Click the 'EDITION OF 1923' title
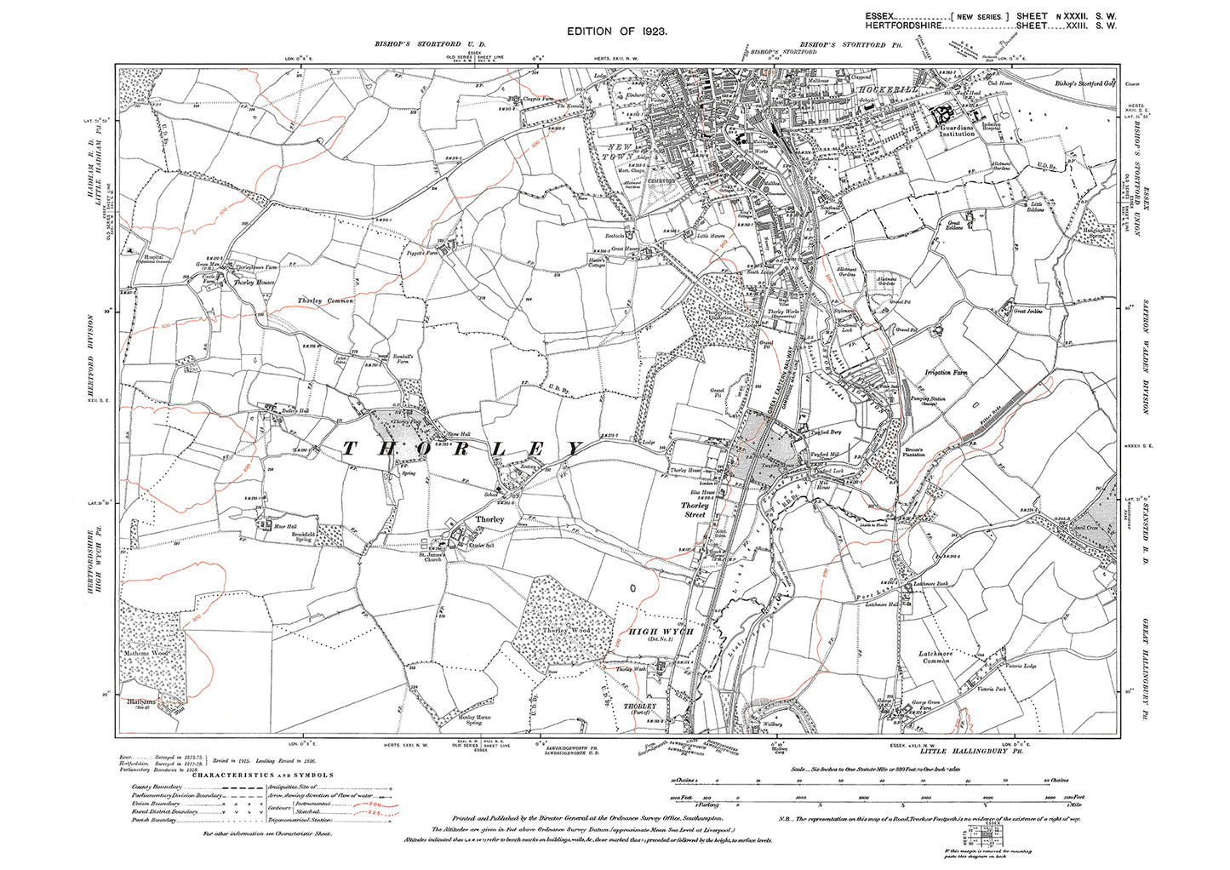pos(616,31)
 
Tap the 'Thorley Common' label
pos(325,301)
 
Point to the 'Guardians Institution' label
pos(957,131)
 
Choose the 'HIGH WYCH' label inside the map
pos(661,631)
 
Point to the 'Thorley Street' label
pos(695,510)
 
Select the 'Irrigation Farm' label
pos(946,373)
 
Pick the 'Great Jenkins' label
pos(1027,312)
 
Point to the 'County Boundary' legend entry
pos(153,787)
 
